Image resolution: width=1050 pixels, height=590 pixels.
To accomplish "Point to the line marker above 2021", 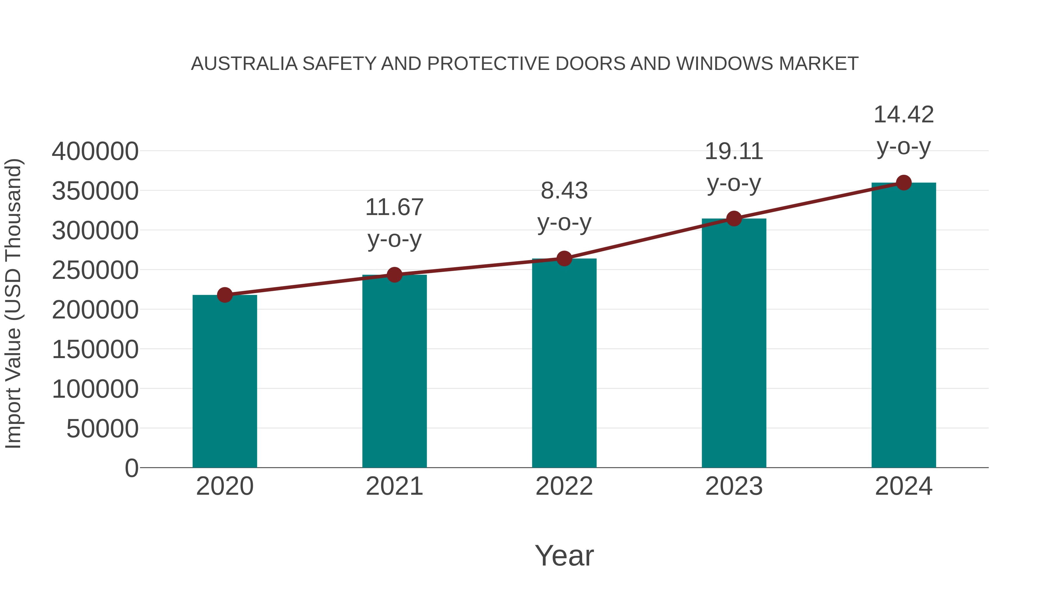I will [394, 275].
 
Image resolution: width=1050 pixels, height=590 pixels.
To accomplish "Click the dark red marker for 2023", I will [734, 219].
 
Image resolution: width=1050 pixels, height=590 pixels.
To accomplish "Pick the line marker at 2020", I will [225, 295].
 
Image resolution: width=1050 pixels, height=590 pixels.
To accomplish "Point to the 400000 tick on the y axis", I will [95, 152].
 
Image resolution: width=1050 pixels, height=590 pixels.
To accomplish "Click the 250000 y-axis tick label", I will [95, 270].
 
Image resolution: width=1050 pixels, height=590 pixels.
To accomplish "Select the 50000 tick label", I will [102, 429].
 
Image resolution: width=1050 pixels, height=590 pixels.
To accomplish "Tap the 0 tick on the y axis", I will [132, 468].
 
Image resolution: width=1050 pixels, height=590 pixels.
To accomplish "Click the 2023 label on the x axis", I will [734, 486].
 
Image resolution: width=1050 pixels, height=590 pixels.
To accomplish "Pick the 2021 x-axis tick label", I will [394, 486].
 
